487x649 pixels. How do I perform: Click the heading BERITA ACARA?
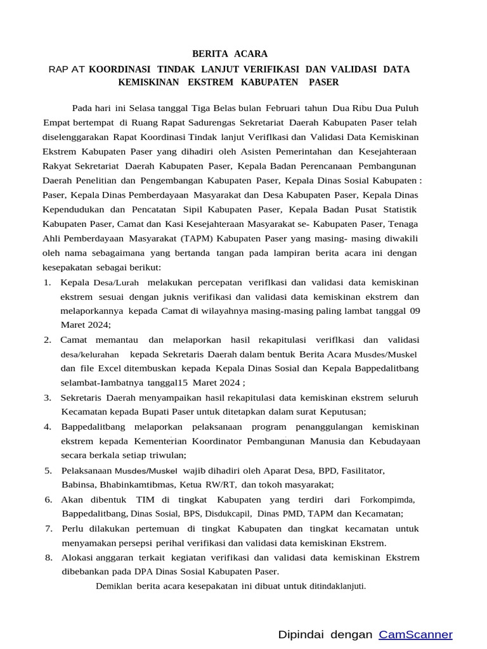coord(230,54)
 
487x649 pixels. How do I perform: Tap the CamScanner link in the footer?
coord(415,634)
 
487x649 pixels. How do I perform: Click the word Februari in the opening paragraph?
coord(283,108)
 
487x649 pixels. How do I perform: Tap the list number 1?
coord(48,282)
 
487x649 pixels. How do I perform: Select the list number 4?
coord(48,426)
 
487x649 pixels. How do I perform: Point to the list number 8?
coord(48,557)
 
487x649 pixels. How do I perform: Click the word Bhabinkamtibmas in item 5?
coord(134,485)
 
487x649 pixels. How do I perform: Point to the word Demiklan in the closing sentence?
coord(114,586)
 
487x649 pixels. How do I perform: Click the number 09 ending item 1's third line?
coord(414,311)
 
